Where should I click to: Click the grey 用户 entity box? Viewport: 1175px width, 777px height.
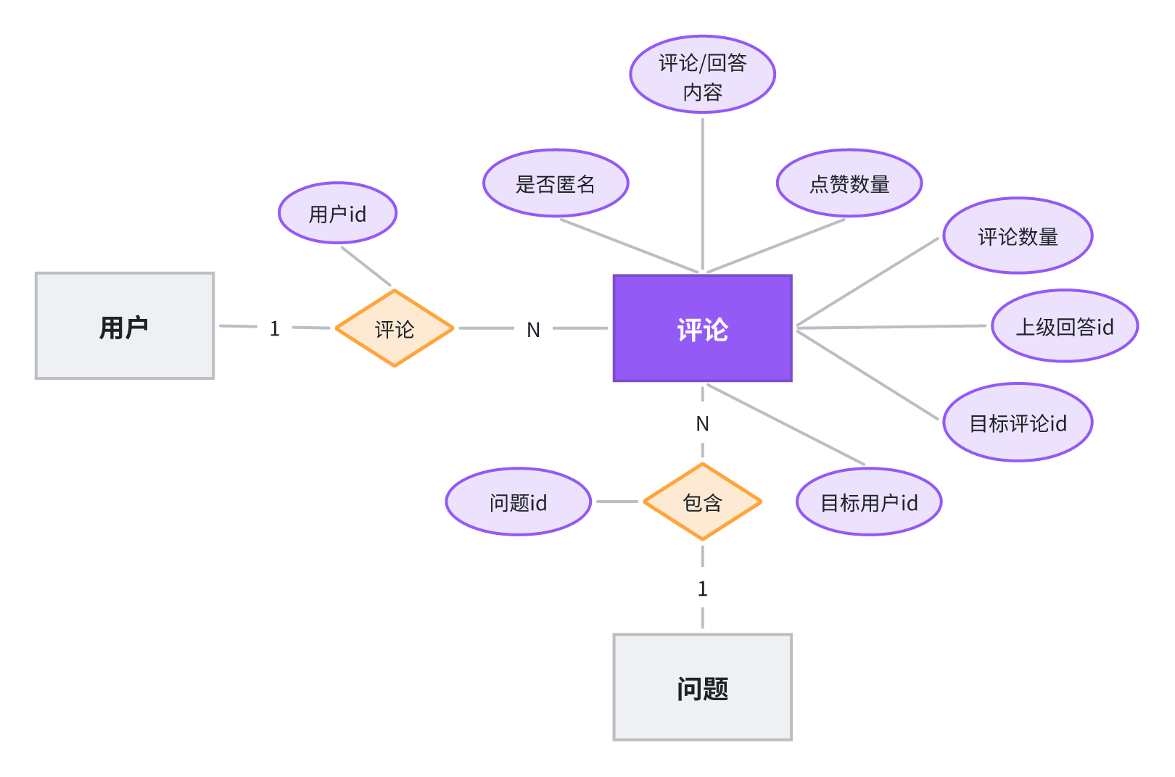pyautogui.click(x=125, y=325)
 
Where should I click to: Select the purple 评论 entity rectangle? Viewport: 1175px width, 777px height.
pyautogui.click(x=702, y=328)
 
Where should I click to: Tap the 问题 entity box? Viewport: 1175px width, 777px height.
pyautogui.click(x=702, y=687)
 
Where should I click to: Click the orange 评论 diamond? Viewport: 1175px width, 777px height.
pyautogui.click(x=395, y=328)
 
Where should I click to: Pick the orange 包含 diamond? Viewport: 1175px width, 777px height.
pyautogui.click(x=702, y=502)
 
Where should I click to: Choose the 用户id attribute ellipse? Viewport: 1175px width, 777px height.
pyautogui.click(x=337, y=213)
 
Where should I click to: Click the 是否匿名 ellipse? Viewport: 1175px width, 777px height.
pyautogui.click(x=556, y=183)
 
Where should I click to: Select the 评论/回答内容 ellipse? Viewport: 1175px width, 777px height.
pyautogui.click(x=702, y=75)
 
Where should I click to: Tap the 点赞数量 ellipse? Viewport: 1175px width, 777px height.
pyautogui.click(x=849, y=183)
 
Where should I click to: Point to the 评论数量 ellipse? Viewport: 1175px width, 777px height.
pyautogui.click(x=1018, y=236)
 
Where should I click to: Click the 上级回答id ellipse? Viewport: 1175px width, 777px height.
pyautogui.click(x=1065, y=325)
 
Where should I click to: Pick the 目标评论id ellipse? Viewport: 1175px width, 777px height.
pyautogui.click(x=1018, y=422)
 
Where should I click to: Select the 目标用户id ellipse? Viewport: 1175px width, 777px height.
pyautogui.click(x=869, y=502)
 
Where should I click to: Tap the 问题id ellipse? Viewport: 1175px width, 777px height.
pyautogui.click(x=519, y=502)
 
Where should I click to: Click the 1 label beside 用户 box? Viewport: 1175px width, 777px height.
pyautogui.click(x=274, y=329)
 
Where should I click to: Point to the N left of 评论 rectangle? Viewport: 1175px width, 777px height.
pyautogui.click(x=534, y=330)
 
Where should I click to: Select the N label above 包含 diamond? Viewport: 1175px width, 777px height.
pyautogui.click(x=702, y=423)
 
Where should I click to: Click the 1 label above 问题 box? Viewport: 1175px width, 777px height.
pyautogui.click(x=703, y=589)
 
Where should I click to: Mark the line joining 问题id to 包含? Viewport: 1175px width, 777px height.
pyautogui.click(x=617, y=502)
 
